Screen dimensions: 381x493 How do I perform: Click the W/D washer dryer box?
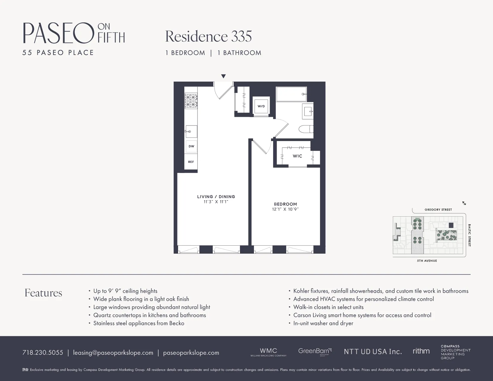pos(261,106)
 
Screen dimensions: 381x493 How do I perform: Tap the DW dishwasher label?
pos(191,146)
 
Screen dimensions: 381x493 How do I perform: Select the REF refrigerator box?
pos(191,162)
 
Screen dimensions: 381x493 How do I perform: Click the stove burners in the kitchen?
pos(191,101)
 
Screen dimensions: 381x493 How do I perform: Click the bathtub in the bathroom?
pos(291,94)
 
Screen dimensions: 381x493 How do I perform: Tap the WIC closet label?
pos(297,156)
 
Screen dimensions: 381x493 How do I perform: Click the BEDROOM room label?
pos(285,204)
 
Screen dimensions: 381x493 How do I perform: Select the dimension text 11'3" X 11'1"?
pos(216,202)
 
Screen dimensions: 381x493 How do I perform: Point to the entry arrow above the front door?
pos(223,76)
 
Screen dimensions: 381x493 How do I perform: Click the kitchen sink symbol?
pos(191,131)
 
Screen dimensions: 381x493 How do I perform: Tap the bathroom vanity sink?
pos(308,111)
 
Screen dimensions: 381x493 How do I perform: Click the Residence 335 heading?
pos(208,36)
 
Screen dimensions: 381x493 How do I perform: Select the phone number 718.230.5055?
pos(43,353)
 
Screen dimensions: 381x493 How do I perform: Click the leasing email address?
pos(113,353)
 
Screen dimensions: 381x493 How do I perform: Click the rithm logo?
pos(421,351)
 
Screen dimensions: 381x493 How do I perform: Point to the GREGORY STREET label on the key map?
pos(438,209)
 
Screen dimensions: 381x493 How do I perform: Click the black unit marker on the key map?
pos(451,225)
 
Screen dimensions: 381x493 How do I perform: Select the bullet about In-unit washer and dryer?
pos(323,323)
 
